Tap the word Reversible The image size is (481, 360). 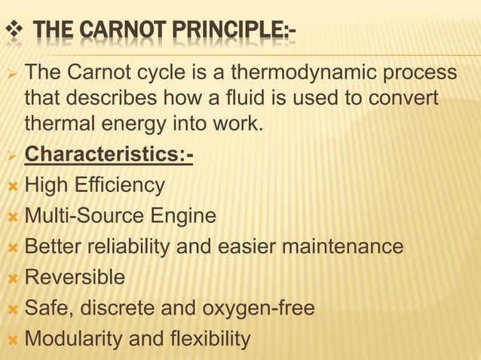75,278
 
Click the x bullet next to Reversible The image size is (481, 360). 11,278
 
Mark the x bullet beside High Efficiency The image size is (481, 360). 11,185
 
